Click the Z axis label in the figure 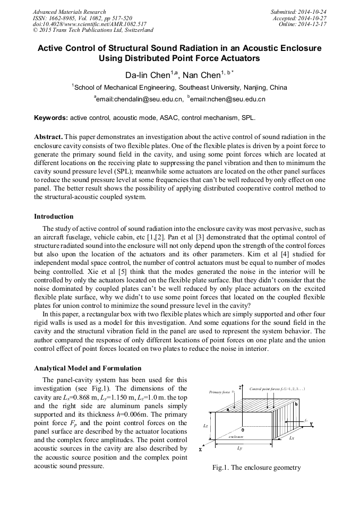pyautogui.click(x=240, y=387)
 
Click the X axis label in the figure pyautogui.click(x=200, y=450)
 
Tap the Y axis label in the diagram pyautogui.click(x=311, y=424)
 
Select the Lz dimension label pyautogui.click(x=205, y=426)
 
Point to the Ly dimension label pyautogui.click(x=239, y=448)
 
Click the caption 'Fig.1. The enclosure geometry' pyautogui.click(x=256, y=468)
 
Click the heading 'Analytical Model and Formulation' pyautogui.click(x=88, y=368)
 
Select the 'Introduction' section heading pyautogui.click(x=54, y=217)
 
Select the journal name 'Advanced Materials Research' pyautogui.click(x=69, y=12)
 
